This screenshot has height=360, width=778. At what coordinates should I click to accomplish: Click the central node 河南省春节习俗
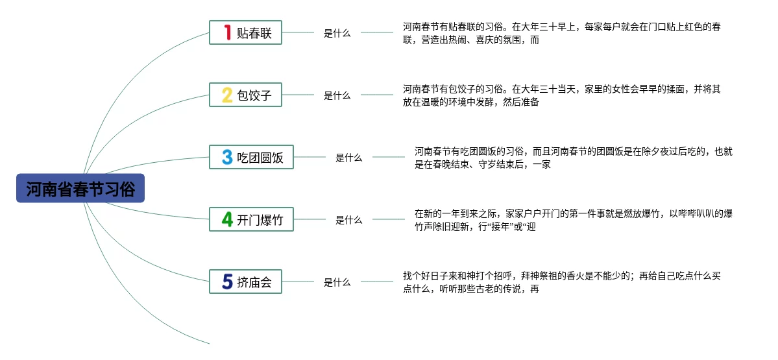(80, 189)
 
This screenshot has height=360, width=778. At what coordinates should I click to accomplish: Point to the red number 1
(227, 32)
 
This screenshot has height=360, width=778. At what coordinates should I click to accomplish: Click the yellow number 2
(227, 95)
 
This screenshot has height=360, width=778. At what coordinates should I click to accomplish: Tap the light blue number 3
(227, 158)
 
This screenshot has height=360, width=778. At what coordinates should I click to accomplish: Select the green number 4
(227, 220)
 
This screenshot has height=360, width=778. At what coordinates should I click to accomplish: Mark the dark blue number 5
(227, 282)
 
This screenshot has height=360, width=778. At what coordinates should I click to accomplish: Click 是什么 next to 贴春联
(337, 33)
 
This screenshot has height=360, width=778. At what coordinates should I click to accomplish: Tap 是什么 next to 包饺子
(337, 95)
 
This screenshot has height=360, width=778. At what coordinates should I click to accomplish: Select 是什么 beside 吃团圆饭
(348, 158)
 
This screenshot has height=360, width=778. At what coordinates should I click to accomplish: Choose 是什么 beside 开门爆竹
(348, 220)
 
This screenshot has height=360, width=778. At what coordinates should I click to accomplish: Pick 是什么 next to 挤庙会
(337, 282)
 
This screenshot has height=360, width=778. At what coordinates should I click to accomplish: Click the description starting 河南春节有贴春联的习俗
(561, 33)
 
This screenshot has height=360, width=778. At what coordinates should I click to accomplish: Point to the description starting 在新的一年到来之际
(574, 220)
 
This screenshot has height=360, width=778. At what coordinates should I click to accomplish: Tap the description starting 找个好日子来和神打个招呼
(561, 282)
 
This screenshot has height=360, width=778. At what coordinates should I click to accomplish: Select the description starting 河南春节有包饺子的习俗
(561, 95)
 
